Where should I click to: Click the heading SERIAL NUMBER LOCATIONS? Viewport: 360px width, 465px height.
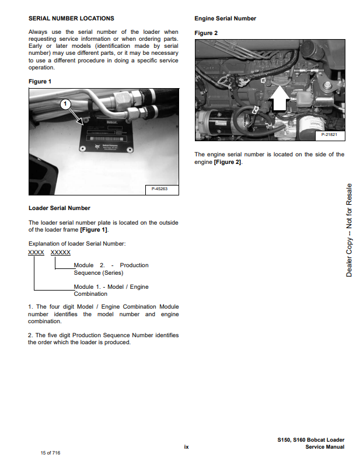click(x=71, y=19)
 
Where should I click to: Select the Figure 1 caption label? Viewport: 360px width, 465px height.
click(x=40, y=81)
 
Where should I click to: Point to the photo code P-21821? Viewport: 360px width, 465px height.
click(x=330, y=135)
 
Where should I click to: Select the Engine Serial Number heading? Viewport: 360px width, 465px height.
click(x=225, y=19)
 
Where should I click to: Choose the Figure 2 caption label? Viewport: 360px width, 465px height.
click(x=206, y=33)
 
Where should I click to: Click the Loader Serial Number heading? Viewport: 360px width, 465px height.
click(x=60, y=208)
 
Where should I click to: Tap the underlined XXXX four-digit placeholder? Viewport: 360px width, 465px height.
click(x=36, y=252)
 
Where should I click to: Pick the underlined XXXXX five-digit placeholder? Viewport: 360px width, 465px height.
click(x=61, y=252)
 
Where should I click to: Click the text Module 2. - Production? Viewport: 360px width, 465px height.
click(x=111, y=265)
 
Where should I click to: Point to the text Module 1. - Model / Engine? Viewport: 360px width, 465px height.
click(x=111, y=287)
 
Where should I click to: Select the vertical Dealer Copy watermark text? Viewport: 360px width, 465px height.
click(x=349, y=230)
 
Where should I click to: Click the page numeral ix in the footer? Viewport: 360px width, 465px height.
click(x=186, y=447)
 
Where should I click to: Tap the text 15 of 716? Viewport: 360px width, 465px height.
click(x=51, y=453)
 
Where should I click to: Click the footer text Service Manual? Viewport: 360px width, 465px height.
click(x=324, y=447)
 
